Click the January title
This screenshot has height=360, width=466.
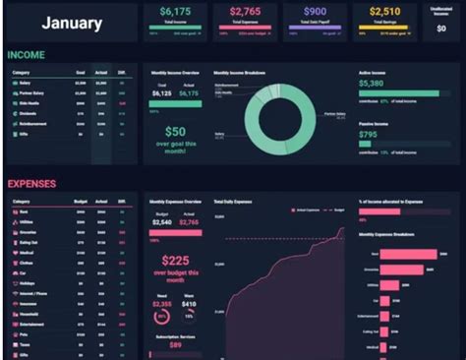tap(73, 24)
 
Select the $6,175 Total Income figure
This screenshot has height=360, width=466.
tap(177, 11)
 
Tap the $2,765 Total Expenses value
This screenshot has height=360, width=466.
tap(250, 11)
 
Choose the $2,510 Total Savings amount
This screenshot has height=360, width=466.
tap(386, 11)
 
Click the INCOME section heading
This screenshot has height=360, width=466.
tap(27, 56)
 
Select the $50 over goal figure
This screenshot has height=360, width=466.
tap(175, 133)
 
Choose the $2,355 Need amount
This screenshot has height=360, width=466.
tap(161, 306)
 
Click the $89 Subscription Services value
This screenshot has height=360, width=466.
tap(175, 345)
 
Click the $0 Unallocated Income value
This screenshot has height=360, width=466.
tap(440, 29)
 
